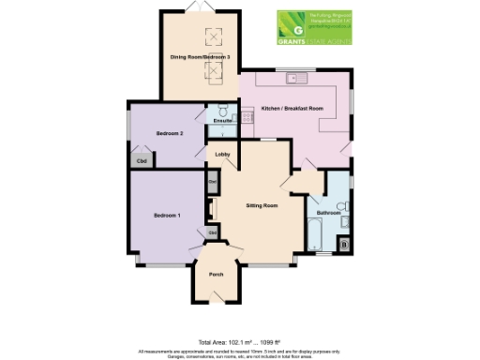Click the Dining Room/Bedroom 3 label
click(x=200, y=57)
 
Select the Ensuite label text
click(x=222, y=122)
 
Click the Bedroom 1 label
click(x=168, y=217)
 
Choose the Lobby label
click(x=223, y=153)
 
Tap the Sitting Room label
click(x=262, y=204)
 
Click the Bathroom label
click(x=328, y=213)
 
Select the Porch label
click(x=216, y=274)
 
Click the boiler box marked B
click(x=344, y=246)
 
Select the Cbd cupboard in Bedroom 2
click(x=142, y=160)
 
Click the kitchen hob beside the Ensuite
click(x=247, y=116)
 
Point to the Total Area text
click(x=240, y=341)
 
